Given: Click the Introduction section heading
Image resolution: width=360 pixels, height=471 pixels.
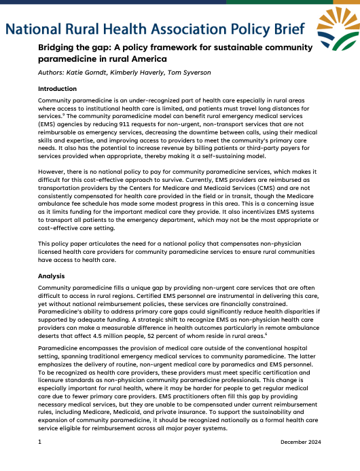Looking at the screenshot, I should [x=57, y=89].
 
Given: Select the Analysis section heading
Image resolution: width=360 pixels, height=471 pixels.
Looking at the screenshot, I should [x=52, y=276].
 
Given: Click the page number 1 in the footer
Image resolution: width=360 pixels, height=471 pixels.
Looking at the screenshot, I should [x=40, y=442].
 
